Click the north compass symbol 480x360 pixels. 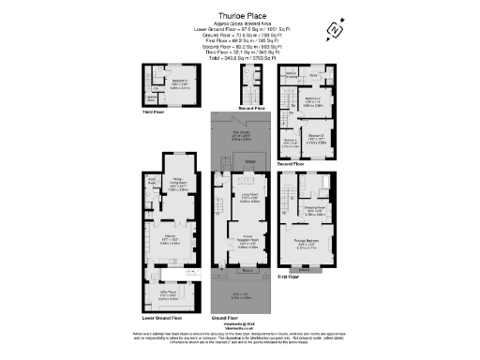click(x=334, y=31)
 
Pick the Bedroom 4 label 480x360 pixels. click(x=289, y=142)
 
